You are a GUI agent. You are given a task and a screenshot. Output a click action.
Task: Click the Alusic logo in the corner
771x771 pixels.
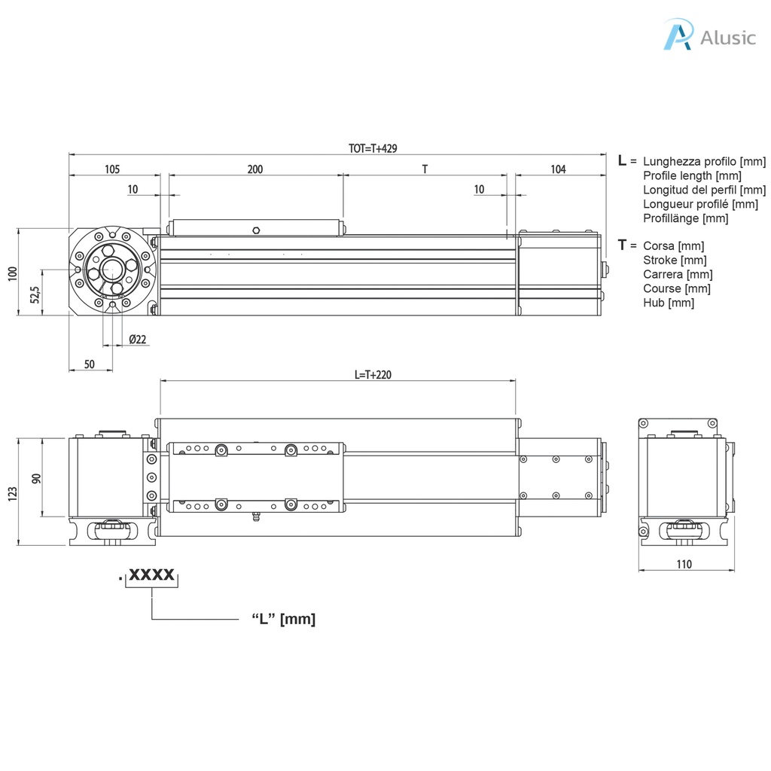(709, 35)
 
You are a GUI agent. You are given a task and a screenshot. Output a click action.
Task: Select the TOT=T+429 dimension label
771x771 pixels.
(372, 148)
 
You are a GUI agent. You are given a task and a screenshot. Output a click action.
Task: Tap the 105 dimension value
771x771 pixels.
(111, 169)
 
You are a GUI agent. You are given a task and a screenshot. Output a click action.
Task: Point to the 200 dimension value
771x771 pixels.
(254, 169)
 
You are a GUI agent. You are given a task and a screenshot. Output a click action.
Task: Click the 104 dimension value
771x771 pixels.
(558, 169)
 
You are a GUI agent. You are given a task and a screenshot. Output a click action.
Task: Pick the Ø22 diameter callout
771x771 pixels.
(138, 340)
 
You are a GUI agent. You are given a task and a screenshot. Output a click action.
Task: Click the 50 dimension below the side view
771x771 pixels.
(89, 364)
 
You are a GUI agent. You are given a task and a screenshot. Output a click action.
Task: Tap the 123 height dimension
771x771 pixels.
(11, 493)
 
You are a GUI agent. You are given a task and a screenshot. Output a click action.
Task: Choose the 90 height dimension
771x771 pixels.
(35, 478)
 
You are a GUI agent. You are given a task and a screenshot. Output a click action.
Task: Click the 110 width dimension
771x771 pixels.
(684, 564)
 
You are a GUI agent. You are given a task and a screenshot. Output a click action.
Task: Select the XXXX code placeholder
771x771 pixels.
(151, 576)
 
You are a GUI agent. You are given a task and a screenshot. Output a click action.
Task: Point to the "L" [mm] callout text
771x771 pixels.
(283, 620)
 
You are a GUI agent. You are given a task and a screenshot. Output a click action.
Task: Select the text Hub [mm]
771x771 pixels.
(669, 303)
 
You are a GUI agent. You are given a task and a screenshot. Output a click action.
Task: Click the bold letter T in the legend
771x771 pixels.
(622, 245)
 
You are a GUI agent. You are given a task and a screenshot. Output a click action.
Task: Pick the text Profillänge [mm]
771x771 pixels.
(686, 218)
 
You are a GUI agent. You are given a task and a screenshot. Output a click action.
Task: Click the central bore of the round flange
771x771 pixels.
(113, 269)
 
